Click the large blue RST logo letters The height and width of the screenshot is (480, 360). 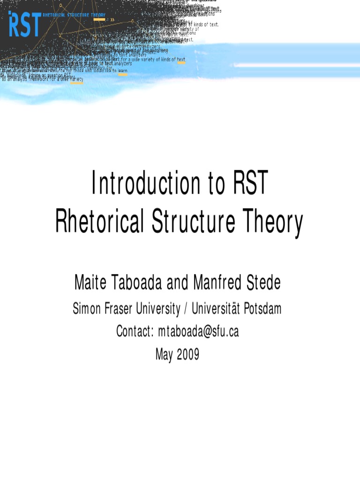[x=24, y=26]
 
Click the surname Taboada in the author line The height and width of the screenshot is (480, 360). [x=136, y=283]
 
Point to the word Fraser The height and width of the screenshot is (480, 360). [x=120, y=308]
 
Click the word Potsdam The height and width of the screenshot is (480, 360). [x=263, y=308]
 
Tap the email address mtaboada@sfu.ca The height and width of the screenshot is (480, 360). [x=198, y=331]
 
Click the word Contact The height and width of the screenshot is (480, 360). [x=135, y=331]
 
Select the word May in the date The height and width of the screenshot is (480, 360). [x=165, y=354]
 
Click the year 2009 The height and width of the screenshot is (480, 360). [x=188, y=354]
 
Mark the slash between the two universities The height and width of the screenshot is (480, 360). [x=186, y=309]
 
